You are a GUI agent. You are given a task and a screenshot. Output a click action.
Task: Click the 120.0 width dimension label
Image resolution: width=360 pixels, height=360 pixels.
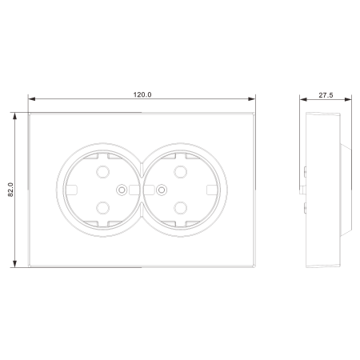click(142, 94)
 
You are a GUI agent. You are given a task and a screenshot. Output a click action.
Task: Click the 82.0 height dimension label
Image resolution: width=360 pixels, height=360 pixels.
click(10, 190)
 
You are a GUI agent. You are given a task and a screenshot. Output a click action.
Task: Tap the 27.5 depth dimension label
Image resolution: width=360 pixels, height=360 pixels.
click(326, 95)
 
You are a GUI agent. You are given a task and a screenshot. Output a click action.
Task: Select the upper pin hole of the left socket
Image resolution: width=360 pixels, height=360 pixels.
click(102, 172)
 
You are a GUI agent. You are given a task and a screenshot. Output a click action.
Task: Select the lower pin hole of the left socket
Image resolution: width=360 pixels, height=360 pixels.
click(102, 208)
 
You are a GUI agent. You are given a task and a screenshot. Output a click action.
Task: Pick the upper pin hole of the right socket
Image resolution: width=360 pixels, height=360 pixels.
click(181, 172)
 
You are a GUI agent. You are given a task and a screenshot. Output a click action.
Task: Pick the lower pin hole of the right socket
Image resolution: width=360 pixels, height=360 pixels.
click(181, 208)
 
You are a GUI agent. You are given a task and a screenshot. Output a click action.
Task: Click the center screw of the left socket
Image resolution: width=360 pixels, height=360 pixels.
click(122, 190)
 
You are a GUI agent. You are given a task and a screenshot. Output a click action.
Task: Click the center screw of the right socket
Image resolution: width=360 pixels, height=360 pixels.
click(162, 190)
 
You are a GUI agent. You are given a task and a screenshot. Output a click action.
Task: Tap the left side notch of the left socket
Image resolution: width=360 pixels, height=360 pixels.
click(71, 190)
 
